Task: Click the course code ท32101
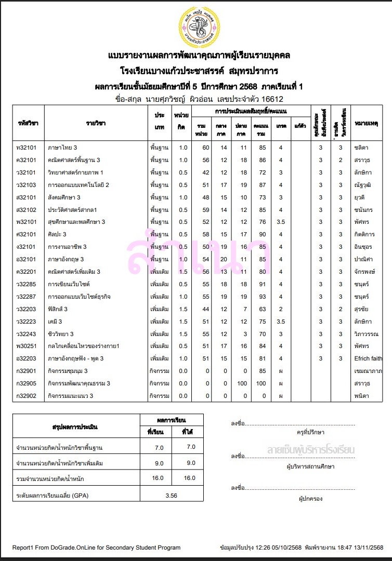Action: point(26,148)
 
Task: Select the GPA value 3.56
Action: point(171,496)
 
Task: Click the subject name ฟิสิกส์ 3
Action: point(58,309)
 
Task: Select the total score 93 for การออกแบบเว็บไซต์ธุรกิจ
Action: point(263,297)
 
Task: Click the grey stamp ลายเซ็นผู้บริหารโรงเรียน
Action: point(310,449)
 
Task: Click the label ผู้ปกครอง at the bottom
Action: point(311,499)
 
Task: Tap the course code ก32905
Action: point(26,383)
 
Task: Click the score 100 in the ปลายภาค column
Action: point(242,383)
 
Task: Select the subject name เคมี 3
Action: point(55,322)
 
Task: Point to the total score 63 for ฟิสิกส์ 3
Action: point(263,309)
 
